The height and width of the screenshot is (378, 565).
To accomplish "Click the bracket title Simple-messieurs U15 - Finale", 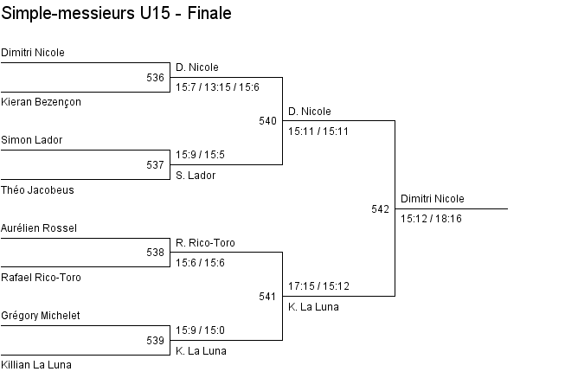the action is [x=116, y=13].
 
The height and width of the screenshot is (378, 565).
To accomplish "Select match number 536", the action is [x=155, y=78].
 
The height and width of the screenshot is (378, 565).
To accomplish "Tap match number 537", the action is [x=155, y=165].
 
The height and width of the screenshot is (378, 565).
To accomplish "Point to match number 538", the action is [x=155, y=253].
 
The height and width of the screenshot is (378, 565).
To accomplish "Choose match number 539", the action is [x=155, y=341].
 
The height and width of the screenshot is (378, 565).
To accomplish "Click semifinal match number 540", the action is [x=267, y=121].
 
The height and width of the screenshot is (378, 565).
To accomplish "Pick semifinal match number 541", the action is [x=267, y=297].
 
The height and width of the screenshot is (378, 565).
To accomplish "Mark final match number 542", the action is [x=380, y=209].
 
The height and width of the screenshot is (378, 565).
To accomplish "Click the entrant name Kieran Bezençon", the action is [x=41, y=102].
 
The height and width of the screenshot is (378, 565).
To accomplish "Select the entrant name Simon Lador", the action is [x=32, y=140].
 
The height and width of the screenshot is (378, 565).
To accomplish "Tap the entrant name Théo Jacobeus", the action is [x=37, y=190].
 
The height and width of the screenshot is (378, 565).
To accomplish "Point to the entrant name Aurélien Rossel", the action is [x=39, y=228].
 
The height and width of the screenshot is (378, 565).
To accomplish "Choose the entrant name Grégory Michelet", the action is [x=41, y=316].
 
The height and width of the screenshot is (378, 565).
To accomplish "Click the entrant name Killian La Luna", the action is [x=36, y=365].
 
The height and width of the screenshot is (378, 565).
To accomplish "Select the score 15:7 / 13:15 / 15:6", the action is [x=218, y=87].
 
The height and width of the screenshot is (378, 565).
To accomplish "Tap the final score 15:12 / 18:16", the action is [x=431, y=219].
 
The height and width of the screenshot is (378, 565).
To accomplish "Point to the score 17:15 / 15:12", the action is [x=319, y=286].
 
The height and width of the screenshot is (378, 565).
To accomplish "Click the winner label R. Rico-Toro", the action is [x=205, y=243].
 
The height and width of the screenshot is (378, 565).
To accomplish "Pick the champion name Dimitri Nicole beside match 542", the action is [x=433, y=199].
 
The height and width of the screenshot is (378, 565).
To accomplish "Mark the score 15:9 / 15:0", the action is [x=201, y=330].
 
